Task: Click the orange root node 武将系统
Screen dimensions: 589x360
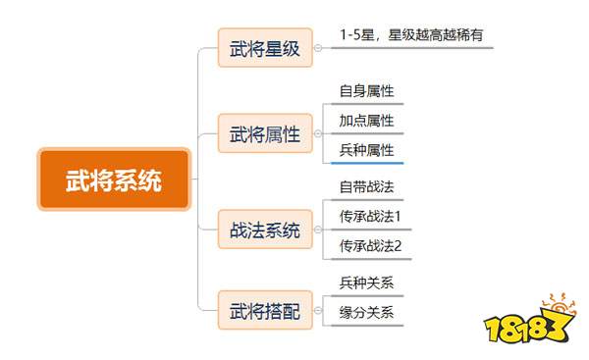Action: tap(114, 180)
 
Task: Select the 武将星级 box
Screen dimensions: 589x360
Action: tap(265, 48)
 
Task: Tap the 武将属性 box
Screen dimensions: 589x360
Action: tap(265, 133)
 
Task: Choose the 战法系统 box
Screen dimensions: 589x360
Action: tap(265, 230)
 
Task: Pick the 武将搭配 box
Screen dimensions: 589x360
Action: tap(265, 310)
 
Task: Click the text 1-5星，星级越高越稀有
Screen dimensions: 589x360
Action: tap(411, 35)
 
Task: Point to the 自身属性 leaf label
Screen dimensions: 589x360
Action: tap(366, 91)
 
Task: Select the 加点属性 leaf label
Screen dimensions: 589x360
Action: tap(366, 121)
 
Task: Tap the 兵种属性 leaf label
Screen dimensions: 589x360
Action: tap(366, 150)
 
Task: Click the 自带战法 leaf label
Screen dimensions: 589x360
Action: tap(366, 186)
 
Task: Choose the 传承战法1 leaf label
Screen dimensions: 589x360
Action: tap(370, 216)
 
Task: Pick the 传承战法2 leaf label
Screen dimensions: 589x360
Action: tap(370, 246)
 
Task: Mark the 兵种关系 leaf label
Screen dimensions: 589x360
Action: tap(366, 283)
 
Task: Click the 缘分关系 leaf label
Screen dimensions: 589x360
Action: tap(366, 312)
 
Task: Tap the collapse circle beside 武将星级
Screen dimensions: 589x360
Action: tap(318, 48)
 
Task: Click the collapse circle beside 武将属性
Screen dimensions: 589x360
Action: tap(318, 133)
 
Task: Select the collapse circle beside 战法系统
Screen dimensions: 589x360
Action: tap(318, 230)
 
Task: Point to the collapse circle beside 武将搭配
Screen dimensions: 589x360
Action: tap(318, 310)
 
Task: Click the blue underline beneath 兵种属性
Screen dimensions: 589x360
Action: tap(367, 163)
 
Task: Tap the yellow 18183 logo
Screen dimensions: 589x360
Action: tap(530, 319)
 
